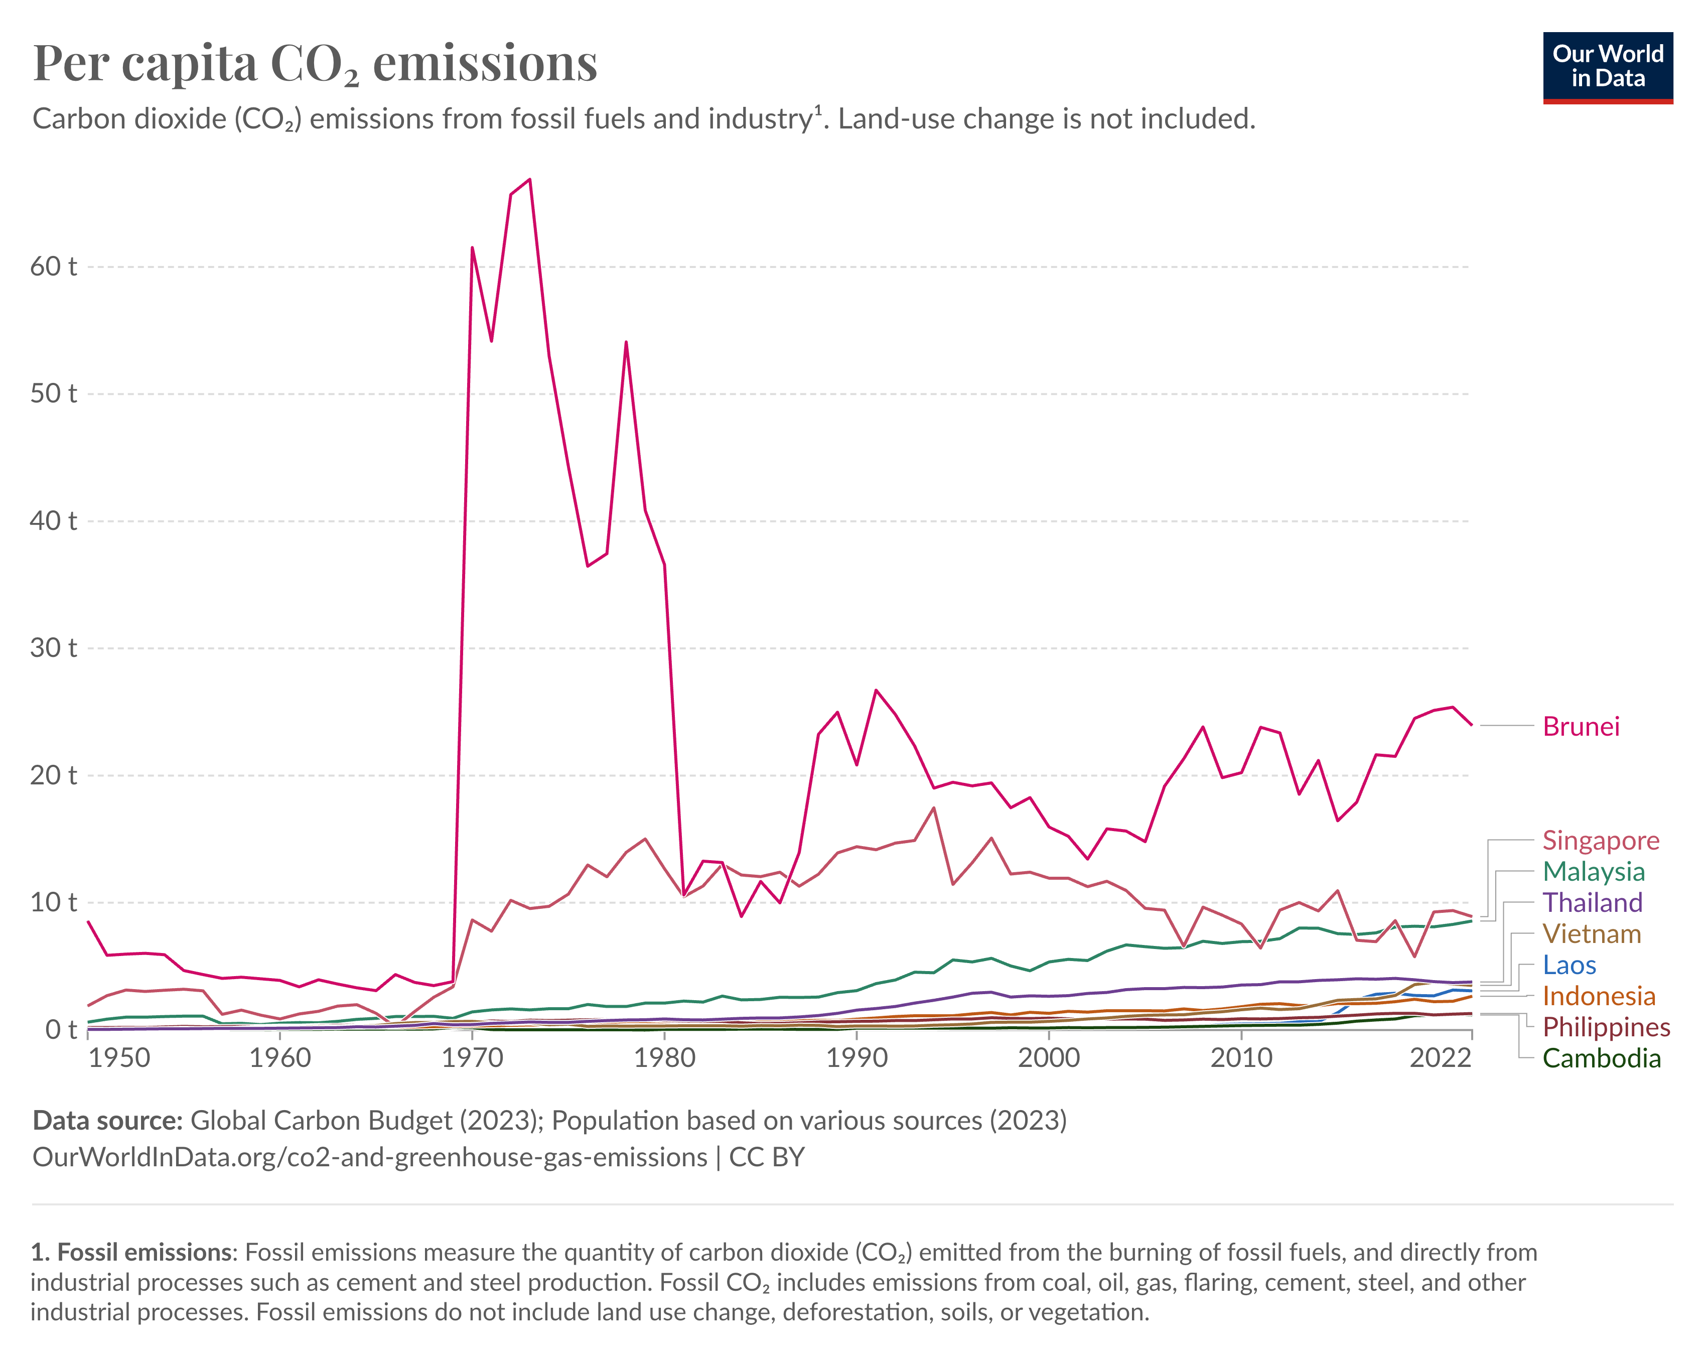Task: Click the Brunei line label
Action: click(1580, 727)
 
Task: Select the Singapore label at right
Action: click(1600, 841)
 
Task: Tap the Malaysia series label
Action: click(1593, 871)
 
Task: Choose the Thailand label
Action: click(1592, 902)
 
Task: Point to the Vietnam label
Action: click(1591, 934)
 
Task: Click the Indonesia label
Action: click(1599, 996)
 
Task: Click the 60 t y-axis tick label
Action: click(53, 266)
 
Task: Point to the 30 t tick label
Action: click(53, 648)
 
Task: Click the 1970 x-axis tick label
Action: click(472, 1058)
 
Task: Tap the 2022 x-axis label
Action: click(1440, 1058)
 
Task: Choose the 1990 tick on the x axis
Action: click(857, 1058)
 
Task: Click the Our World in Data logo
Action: click(1607, 67)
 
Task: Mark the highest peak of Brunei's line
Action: click(529, 180)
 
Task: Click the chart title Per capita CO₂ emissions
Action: click(315, 63)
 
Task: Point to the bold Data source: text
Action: click(107, 1121)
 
